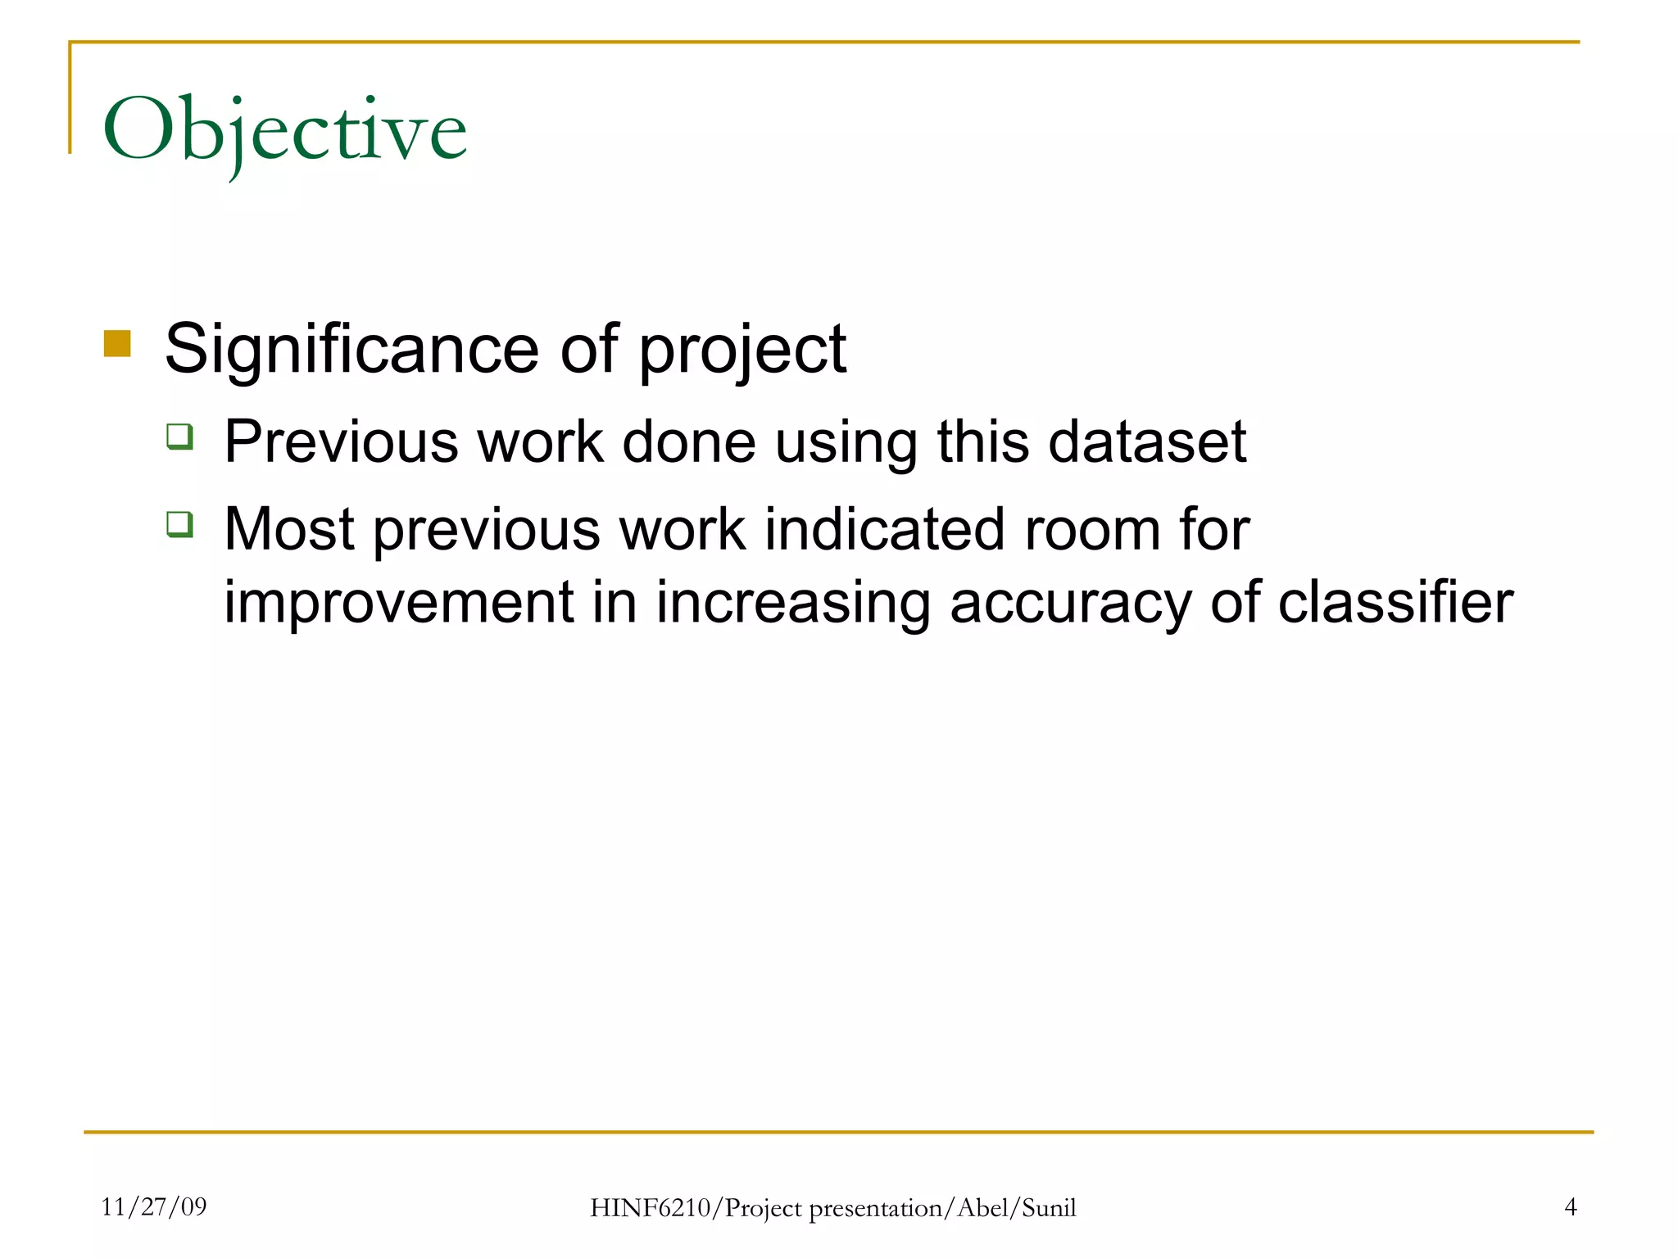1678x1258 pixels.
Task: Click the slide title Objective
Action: [x=284, y=131]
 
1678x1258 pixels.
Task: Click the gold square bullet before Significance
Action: [x=117, y=344]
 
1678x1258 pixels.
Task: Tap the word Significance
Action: [x=351, y=350]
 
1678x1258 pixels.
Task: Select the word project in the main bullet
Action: [x=741, y=352]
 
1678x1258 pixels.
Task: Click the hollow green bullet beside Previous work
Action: [x=179, y=436]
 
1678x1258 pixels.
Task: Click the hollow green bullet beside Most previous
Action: [x=179, y=523]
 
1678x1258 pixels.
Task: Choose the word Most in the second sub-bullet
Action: [x=288, y=529]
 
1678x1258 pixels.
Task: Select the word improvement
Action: [x=399, y=604]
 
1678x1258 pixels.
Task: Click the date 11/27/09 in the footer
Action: [x=154, y=1206]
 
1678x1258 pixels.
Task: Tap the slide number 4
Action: [x=1570, y=1206]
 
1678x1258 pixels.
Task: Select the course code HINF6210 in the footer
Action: [x=651, y=1208]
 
